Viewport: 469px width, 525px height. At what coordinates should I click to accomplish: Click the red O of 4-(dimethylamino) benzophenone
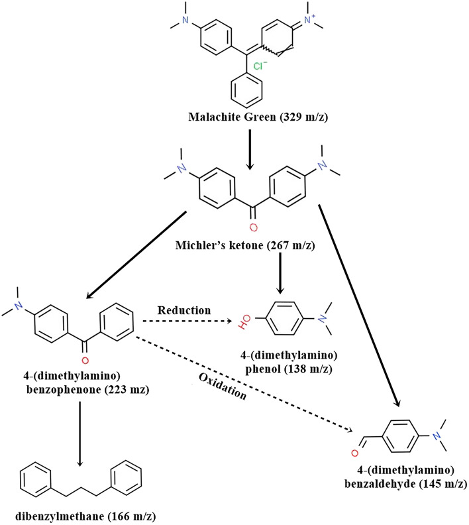click(83, 360)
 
